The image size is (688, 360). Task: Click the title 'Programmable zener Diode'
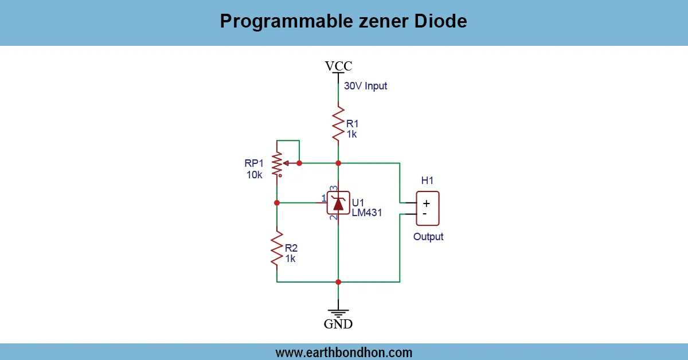click(343, 22)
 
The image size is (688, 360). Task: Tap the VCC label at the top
click(338, 66)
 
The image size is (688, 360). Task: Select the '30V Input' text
click(365, 86)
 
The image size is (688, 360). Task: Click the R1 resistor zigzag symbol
click(338, 122)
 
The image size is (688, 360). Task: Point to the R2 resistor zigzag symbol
click(277, 248)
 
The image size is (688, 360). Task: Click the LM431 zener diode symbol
click(338, 203)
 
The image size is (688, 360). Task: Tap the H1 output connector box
click(427, 208)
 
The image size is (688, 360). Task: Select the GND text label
click(338, 324)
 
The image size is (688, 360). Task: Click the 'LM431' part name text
click(367, 213)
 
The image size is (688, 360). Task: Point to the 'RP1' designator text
click(255, 163)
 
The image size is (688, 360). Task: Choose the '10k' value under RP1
click(255, 175)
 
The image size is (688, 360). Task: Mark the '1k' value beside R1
click(351, 134)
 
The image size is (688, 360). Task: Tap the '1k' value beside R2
click(290, 259)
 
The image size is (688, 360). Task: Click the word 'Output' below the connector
click(428, 237)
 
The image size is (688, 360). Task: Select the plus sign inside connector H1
click(426, 203)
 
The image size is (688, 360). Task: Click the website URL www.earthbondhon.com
click(343, 352)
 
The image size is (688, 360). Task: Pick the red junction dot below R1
click(338, 163)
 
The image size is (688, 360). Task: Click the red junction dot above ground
click(338, 282)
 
